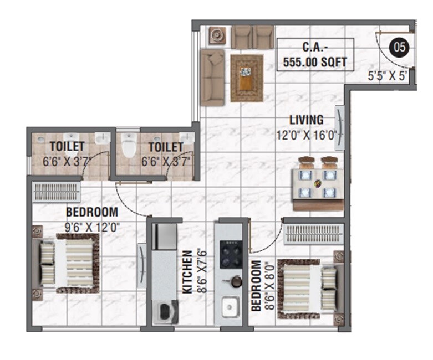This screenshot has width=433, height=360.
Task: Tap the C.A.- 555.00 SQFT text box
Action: [x=315, y=55]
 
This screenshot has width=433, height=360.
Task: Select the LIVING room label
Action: [x=306, y=120]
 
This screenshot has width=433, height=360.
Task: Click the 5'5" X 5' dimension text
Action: [x=388, y=76]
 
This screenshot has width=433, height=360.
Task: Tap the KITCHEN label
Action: [x=187, y=271]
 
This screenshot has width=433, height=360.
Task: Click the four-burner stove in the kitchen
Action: [x=230, y=254]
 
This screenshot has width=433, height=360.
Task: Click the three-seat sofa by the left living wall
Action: [x=212, y=78]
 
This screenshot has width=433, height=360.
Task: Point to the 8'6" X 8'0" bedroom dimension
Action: [x=268, y=285]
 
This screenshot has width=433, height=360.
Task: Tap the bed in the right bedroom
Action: [x=308, y=289]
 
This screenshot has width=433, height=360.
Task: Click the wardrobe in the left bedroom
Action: [x=57, y=192]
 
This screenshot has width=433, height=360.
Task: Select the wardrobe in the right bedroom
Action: [x=313, y=234]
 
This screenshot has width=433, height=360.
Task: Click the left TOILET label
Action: [x=67, y=147]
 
